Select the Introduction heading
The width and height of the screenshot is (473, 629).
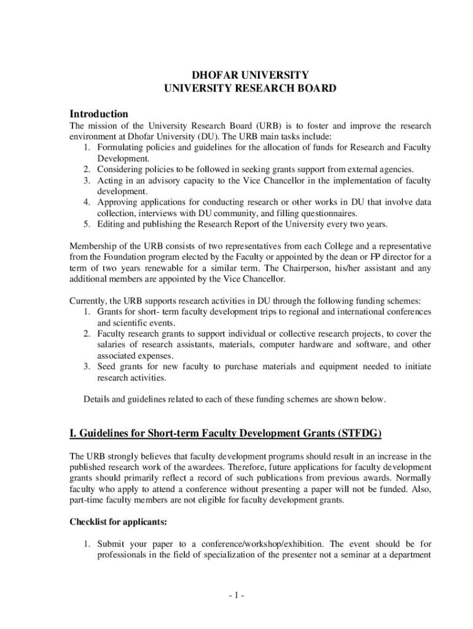99,114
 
